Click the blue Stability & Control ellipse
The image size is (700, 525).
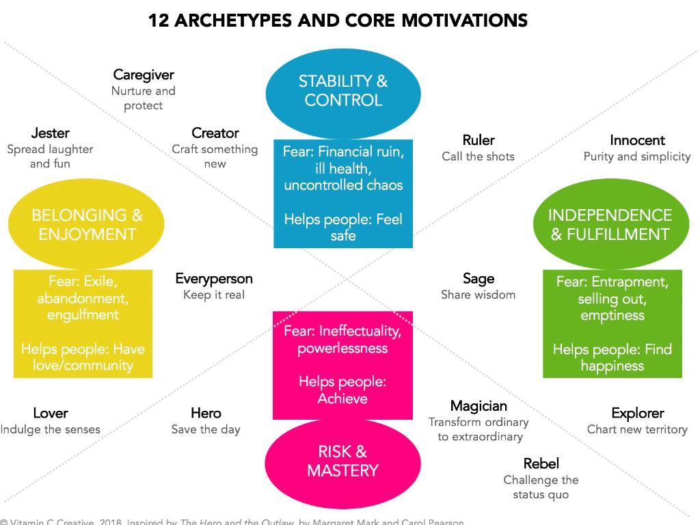[x=342, y=91]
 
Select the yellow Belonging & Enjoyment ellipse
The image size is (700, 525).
[x=87, y=225]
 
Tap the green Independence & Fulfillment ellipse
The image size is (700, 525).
[x=610, y=225]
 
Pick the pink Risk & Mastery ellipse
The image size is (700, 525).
[x=342, y=461]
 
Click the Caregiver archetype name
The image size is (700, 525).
[x=144, y=75]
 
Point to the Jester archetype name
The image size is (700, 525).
[x=50, y=133]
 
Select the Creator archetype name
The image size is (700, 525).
[x=215, y=133]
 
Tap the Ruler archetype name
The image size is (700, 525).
[x=479, y=140]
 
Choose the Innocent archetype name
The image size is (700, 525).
[x=637, y=140]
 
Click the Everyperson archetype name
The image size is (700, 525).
[x=214, y=279]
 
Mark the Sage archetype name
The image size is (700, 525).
[x=479, y=279]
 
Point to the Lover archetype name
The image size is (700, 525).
[x=50, y=414]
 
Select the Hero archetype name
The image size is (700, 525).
[x=206, y=414]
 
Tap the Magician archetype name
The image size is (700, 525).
[x=479, y=407]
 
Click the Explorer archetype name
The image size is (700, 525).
[x=637, y=414]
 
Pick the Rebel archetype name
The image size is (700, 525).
[x=541, y=464]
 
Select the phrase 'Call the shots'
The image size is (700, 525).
[x=479, y=157]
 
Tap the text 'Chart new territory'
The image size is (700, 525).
[x=637, y=430]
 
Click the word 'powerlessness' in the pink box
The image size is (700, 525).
[x=342, y=349]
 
